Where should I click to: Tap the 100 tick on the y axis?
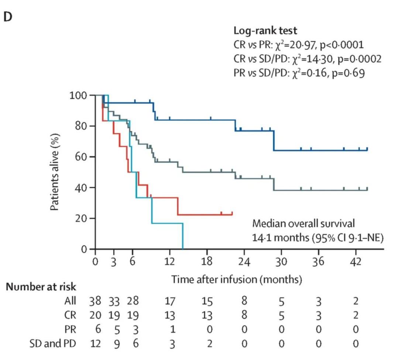78,95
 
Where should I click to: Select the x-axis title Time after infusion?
236,279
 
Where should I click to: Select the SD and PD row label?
53,344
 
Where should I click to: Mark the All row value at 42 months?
356,301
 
